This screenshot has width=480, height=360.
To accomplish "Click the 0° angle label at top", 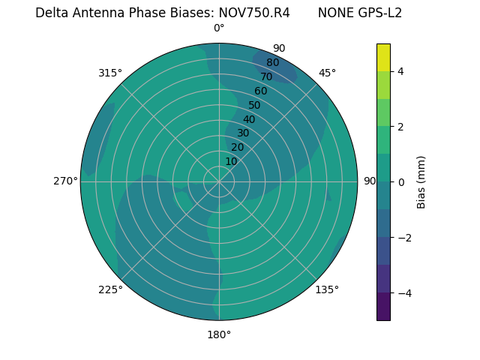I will tap(219, 28).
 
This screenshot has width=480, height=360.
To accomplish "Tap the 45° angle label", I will tap(327, 73).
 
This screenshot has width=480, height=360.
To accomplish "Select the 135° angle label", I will tap(327, 289).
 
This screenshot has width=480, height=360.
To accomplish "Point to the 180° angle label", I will tap(219, 334).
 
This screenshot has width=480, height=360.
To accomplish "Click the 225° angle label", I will tap(110, 289).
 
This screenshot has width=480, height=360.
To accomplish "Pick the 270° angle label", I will tap(65, 181).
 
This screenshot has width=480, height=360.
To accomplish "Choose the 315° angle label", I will tap(110, 73).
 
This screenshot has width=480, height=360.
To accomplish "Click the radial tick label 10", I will tap(231, 161).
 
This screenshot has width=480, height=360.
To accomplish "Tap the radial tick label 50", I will tap(254, 105).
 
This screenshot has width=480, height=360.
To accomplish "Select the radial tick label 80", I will tap(272, 62).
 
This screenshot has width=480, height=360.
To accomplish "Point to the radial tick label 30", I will tap(243, 133).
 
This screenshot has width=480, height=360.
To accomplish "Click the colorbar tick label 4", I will tap(400, 71).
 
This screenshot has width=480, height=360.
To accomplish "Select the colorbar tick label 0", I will tap(400, 181).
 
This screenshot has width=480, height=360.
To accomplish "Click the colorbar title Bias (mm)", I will tap(421, 181).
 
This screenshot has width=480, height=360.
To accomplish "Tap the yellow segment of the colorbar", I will tap(383, 58).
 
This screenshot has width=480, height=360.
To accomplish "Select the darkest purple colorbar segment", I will tap(383, 306).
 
